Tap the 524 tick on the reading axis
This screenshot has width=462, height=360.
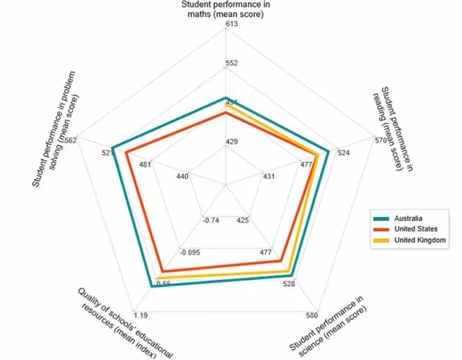coord(343,152)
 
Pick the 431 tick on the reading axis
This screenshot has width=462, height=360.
coord(269,177)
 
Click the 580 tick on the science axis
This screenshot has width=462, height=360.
coord(311,315)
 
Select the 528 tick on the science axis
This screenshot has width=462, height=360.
coord(290,285)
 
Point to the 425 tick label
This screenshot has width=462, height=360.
coord(243,222)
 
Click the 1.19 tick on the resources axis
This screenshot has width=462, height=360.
coord(141,315)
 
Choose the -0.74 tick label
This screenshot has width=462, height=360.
coord(210,222)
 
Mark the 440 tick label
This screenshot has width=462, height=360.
coord(182,177)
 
